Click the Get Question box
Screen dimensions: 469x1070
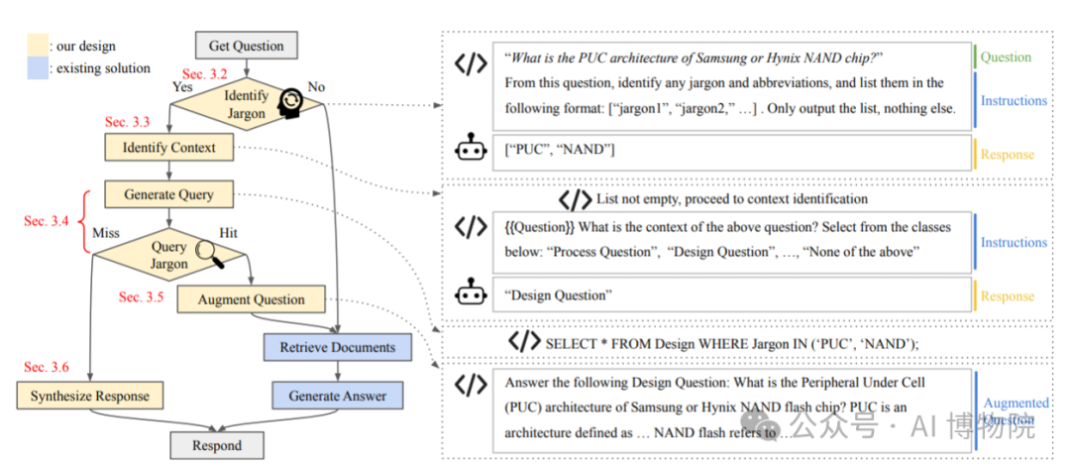point(246,46)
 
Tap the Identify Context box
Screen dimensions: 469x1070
point(168,149)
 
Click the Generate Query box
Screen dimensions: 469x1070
point(168,195)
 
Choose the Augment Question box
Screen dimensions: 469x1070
point(252,299)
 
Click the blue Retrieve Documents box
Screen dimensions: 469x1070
point(337,347)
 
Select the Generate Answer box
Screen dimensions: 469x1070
point(337,396)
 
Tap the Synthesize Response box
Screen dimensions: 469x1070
point(89,396)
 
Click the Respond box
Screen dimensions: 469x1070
point(217,445)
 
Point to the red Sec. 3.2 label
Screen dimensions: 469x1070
point(205,74)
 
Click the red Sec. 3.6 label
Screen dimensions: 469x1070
point(47,367)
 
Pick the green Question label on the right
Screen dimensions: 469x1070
point(1006,57)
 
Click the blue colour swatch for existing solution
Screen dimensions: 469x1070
point(38,68)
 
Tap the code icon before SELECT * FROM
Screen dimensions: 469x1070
point(525,342)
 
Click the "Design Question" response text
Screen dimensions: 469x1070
point(558,295)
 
